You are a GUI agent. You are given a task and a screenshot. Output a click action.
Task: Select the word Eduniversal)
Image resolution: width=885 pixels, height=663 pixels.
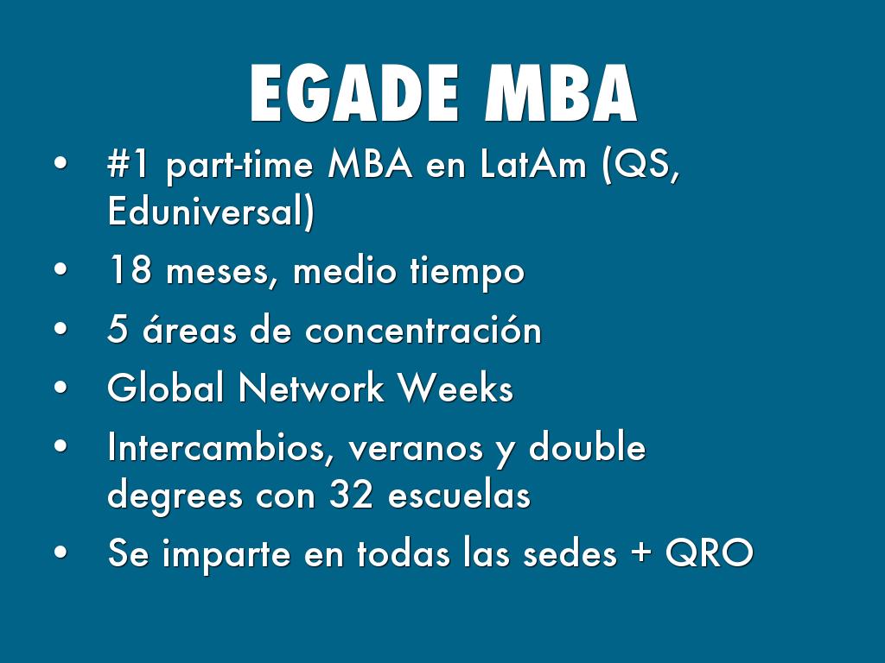(x=211, y=212)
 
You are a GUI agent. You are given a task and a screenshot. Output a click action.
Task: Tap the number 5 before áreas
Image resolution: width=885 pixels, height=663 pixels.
(x=117, y=331)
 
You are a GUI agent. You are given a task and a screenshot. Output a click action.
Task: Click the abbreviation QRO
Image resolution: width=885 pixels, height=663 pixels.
(x=709, y=554)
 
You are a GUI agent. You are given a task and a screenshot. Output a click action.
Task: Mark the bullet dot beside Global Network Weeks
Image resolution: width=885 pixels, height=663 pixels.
(x=60, y=389)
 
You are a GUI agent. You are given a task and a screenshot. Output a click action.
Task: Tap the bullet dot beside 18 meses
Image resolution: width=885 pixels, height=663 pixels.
(x=60, y=272)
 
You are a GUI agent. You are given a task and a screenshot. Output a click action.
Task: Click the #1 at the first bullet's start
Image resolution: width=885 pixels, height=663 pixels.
(x=129, y=167)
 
